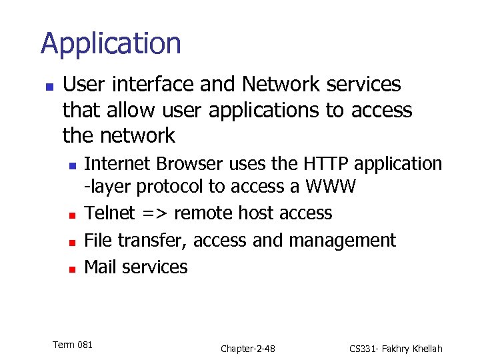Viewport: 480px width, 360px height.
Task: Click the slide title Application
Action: click(x=111, y=44)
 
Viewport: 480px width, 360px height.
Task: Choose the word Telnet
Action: click(x=109, y=213)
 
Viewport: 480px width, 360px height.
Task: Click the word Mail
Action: click(x=100, y=267)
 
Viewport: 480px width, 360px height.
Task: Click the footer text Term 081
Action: click(x=73, y=345)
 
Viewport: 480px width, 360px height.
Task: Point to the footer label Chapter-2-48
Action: click(x=248, y=349)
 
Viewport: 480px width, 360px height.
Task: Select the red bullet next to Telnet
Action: click(x=72, y=215)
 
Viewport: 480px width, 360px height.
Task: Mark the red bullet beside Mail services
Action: click(x=72, y=269)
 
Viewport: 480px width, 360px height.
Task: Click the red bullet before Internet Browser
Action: click(x=72, y=165)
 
